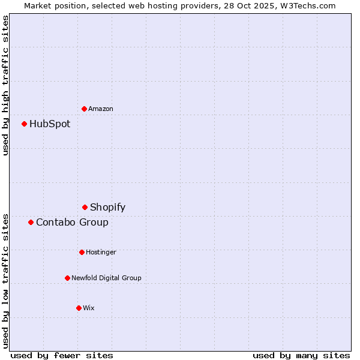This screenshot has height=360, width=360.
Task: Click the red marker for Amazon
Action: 84,109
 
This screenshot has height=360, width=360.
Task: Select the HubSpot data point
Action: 24,124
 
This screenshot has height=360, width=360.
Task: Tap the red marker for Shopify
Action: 85,207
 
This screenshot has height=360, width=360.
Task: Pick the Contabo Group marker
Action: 31,222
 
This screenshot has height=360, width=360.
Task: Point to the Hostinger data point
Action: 82,252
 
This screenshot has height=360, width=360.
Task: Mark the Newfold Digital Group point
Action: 67,278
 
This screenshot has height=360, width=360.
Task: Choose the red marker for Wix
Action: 79,308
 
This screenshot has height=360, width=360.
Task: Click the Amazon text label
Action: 101,109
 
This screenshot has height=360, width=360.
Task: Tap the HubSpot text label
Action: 50,124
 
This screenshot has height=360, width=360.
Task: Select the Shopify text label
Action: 108,208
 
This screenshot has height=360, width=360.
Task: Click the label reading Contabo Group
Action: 72,223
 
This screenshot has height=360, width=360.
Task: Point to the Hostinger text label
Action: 101,253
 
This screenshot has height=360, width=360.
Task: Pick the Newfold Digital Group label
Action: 106,278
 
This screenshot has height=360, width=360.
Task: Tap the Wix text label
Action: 89,308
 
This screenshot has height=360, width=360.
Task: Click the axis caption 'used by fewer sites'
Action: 62,355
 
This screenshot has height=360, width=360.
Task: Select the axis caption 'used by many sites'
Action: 301,355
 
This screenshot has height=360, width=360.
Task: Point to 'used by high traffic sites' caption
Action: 6,85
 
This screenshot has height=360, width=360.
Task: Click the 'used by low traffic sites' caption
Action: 6,281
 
